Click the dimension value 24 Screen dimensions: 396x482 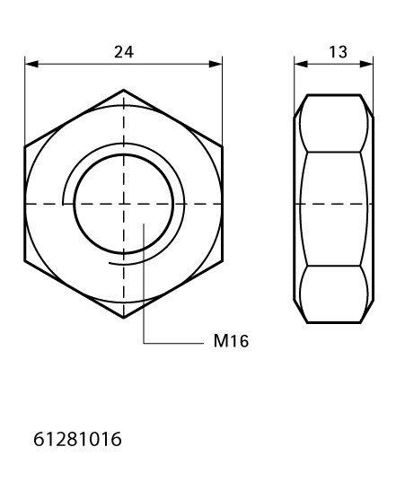click(124, 52)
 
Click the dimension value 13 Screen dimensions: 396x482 click(338, 52)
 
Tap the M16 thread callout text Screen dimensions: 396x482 click(231, 341)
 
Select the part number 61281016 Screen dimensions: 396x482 click(77, 439)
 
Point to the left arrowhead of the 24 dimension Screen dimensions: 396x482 click(31, 64)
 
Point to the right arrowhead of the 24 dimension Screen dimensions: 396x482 click(216, 64)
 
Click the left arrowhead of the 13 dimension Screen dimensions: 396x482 click(301, 64)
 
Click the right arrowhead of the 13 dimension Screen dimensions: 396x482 click(366, 64)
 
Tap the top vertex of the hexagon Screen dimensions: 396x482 click(124, 90)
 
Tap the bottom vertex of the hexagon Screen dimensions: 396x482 click(124, 318)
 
